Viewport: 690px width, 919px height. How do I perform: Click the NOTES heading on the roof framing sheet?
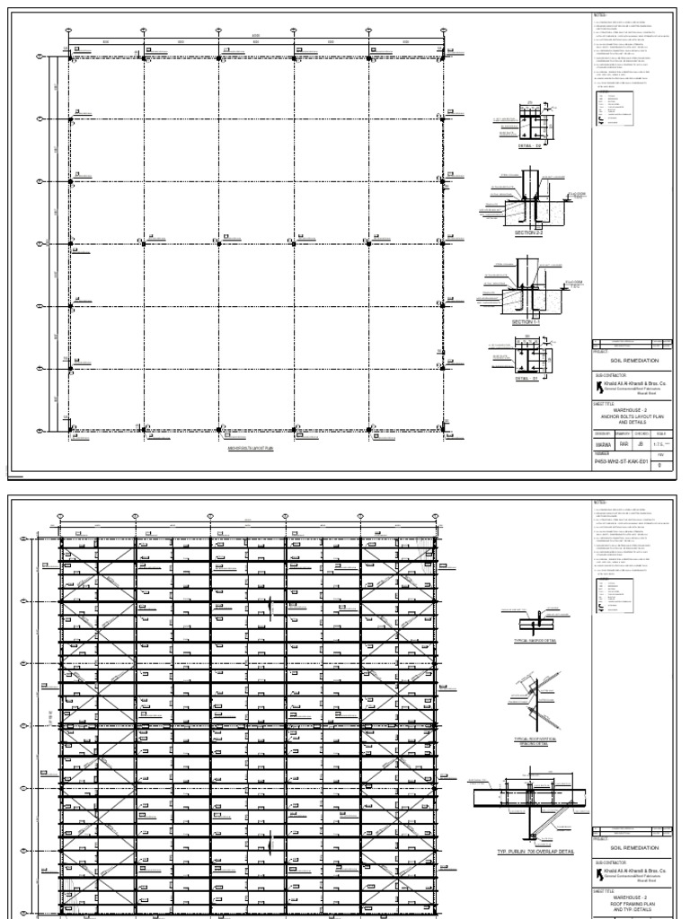coord(601,501)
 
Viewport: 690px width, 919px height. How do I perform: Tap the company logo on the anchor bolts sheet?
coord(599,389)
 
